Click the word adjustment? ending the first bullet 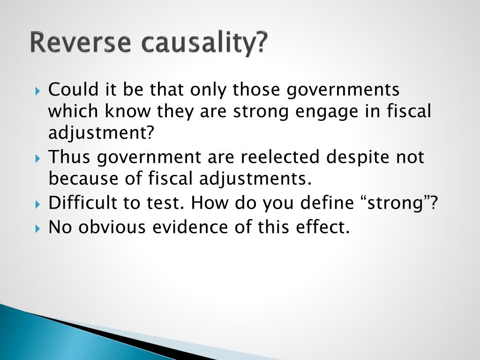(101, 134)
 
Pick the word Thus (70, 157)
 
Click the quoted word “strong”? (401, 203)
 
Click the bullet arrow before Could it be (38, 90)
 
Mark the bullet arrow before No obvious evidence (38, 228)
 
